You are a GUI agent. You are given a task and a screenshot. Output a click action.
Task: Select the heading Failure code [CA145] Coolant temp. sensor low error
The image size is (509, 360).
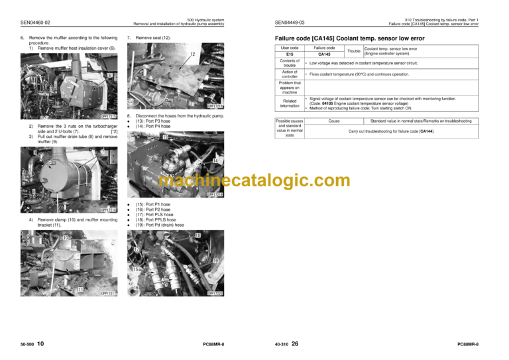point(349,38)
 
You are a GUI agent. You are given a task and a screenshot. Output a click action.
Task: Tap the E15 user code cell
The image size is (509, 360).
point(290,54)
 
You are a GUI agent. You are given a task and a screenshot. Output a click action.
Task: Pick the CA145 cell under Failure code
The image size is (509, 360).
point(325,54)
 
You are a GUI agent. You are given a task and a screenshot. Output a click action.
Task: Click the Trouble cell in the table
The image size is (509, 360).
point(354,51)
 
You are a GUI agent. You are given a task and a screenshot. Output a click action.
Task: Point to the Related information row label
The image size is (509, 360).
point(290,103)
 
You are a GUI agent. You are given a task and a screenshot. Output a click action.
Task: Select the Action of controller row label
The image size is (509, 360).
point(290,74)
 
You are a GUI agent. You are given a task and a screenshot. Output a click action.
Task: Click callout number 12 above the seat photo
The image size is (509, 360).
point(192,53)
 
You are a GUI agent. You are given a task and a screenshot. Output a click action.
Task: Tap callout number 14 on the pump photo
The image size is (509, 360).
point(215,161)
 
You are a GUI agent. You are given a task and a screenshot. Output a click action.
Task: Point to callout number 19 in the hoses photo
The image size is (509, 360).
point(216,261)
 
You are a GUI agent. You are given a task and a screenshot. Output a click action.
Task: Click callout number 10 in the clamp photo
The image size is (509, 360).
point(66,237)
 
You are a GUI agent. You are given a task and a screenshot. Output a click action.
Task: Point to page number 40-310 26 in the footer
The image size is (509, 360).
point(286,344)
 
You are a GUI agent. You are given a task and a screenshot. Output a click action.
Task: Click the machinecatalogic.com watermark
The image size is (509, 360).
point(254,180)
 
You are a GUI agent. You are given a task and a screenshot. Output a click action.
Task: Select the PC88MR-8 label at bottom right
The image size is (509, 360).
point(468,345)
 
